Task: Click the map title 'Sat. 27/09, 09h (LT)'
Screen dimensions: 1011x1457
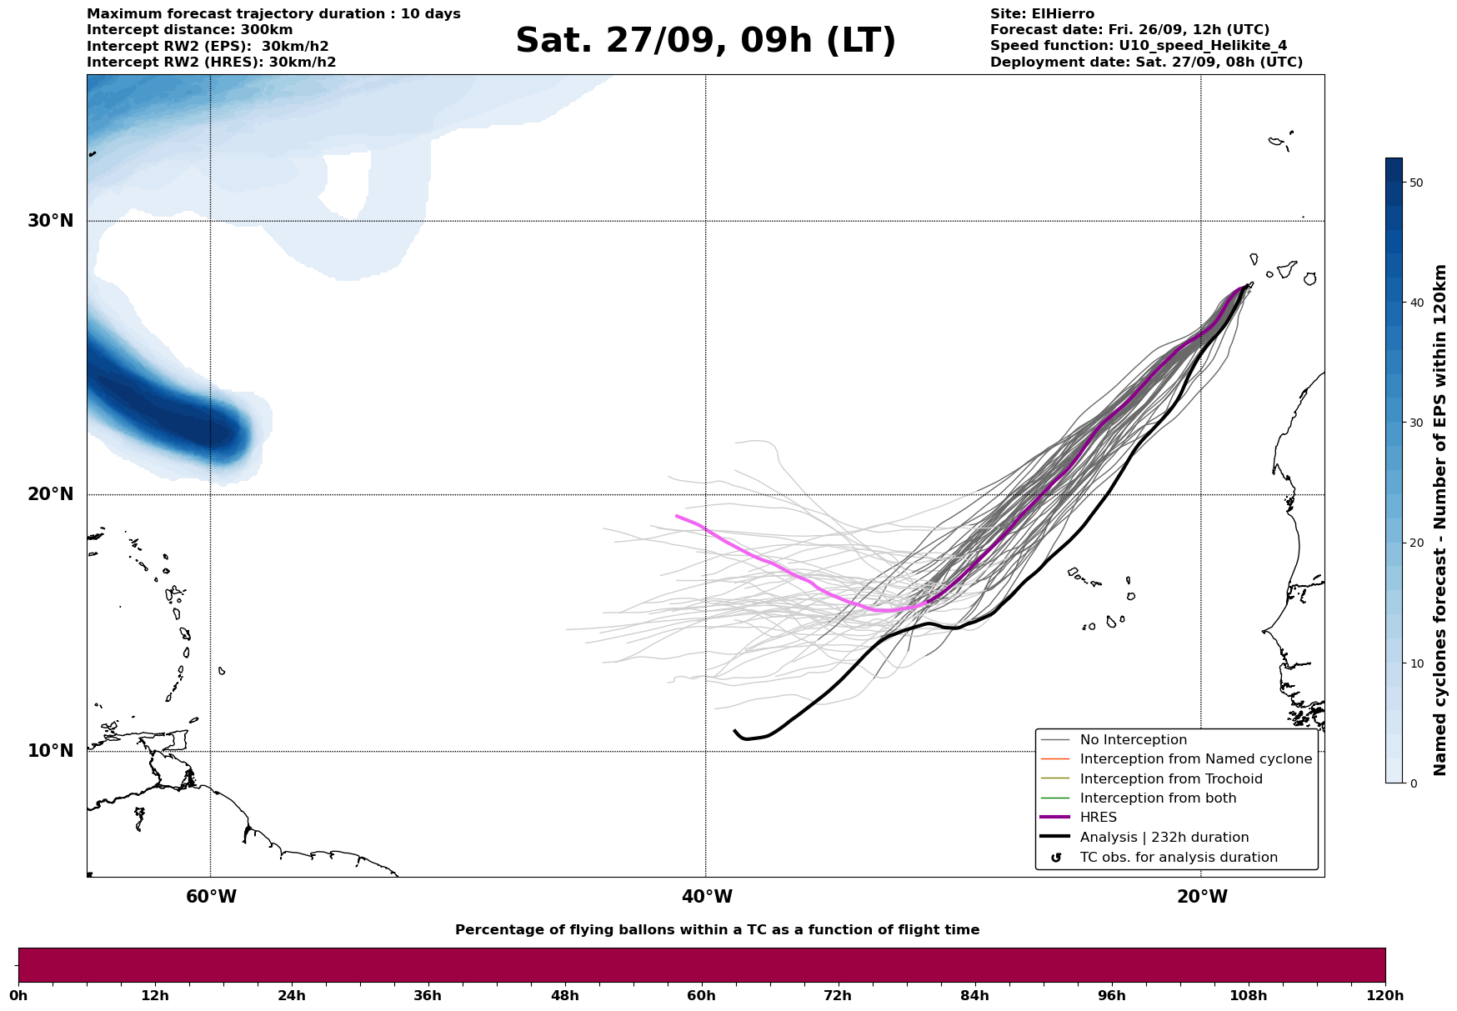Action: pyautogui.click(x=705, y=41)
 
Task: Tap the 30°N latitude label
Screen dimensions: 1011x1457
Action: pyautogui.click(x=50, y=221)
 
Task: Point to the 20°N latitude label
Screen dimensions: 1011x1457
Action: pyautogui.click(x=50, y=494)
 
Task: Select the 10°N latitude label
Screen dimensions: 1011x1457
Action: pyautogui.click(x=50, y=751)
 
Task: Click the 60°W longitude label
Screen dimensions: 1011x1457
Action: pyautogui.click(x=211, y=897)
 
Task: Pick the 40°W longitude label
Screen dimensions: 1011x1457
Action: pyautogui.click(x=706, y=897)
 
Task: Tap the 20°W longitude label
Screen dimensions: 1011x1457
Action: pyautogui.click(x=1201, y=897)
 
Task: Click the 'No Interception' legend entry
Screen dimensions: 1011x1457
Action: pyautogui.click(x=1133, y=740)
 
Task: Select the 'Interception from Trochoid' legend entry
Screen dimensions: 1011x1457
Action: pyautogui.click(x=1170, y=779)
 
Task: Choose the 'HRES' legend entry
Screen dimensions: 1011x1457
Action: pyautogui.click(x=1098, y=818)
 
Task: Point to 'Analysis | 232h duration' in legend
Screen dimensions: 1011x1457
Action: pyautogui.click(x=1164, y=838)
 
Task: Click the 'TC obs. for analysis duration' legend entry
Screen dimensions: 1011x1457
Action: pyautogui.click(x=1178, y=858)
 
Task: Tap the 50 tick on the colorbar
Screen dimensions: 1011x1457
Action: pyautogui.click(x=1415, y=183)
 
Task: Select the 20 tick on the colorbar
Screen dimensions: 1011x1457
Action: pyautogui.click(x=1415, y=543)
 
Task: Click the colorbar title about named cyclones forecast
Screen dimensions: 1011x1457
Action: pyautogui.click(x=1440, y=520)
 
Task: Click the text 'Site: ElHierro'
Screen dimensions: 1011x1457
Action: pyautogui.click(x=1042, y=14)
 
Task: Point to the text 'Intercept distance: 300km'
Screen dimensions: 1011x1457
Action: pyautogui.click(x=190, y=30)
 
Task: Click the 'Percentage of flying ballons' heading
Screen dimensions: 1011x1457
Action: pyautogui.click(x=717, y=930)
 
